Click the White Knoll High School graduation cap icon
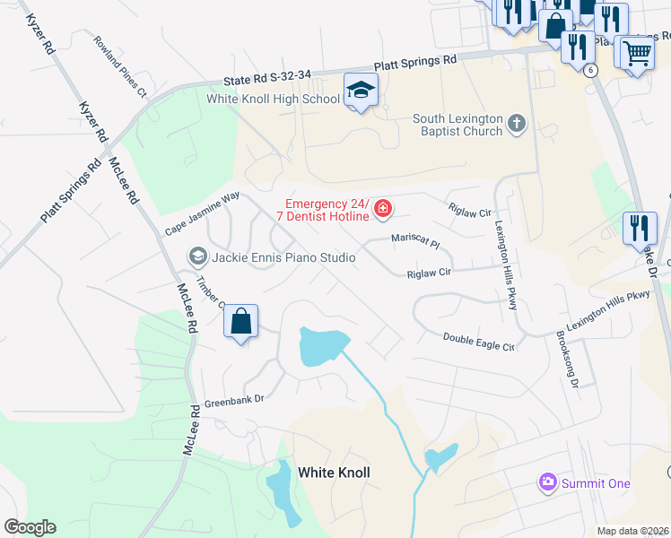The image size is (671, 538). pyautogui.click(x=361, y=91)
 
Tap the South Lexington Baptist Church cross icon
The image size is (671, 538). pyautogui.click(x=516, y=124)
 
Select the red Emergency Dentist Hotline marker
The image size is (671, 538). pyautogui.click(x=383, y=209)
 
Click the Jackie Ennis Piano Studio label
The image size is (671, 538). pyautogui.click(x=283, y=257)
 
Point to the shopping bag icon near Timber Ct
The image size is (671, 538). pyautogui.click(x=241, y=322)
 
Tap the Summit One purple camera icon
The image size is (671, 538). pyautogui.click(x=547, y=483)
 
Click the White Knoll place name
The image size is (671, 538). pyautogui.click(x=334, y=473)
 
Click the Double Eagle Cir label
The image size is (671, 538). pyautogui.click(x=479, y=342)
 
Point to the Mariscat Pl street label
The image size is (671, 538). pyautogui.click(x=415, y=242)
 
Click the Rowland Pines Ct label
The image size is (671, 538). pyautogui.click(x=119, y=65)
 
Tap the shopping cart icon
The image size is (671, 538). pyautogui.click(x=637, y=52)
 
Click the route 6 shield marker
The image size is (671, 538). pyautogui.click(x=589, y=69)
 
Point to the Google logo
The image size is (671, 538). pyautogui.click(x=30, y=527)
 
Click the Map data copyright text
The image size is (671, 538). pyautogui.click(x=632, y=531)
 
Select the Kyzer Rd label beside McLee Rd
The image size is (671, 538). pyautogui.click(x=93, y=120)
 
